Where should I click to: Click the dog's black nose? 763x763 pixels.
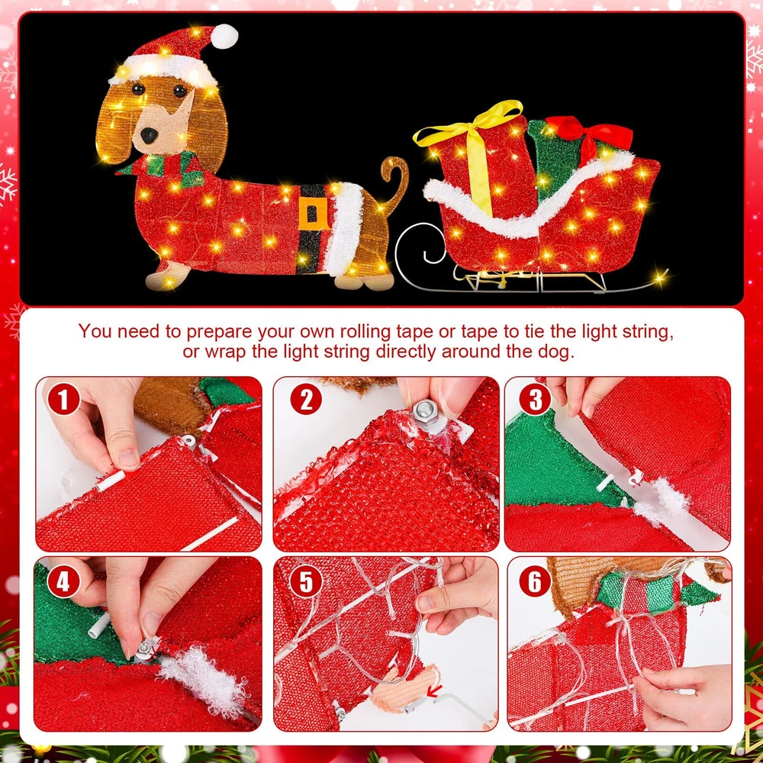(149, 135)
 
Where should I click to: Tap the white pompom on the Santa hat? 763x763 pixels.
(224, 36)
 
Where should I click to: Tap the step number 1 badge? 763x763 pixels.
(64, 400)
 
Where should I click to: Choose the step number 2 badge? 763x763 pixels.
(306, 400)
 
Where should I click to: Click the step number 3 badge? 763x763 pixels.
(536, 400)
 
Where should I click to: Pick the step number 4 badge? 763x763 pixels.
(64, 581)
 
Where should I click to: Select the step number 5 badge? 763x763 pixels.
(306, 581)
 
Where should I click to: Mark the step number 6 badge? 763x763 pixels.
(536, 581)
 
